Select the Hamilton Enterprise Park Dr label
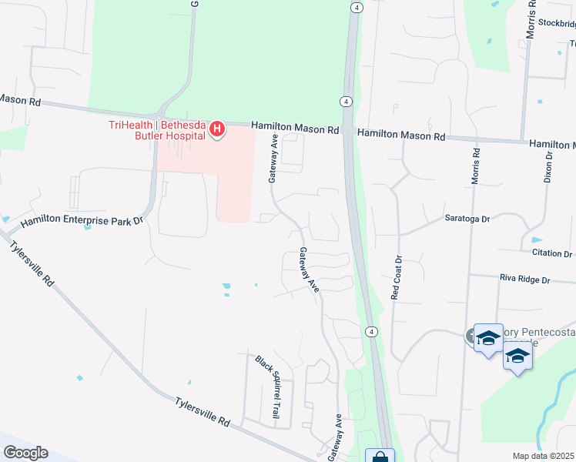tap(82, 222)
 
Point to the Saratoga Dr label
tap(467, 219)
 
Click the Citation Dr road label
tap(551, 253)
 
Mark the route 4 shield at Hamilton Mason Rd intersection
tap(347, 102)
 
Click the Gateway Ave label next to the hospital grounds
tap(273, 158)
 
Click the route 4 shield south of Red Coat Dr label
tap(371, 331)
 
